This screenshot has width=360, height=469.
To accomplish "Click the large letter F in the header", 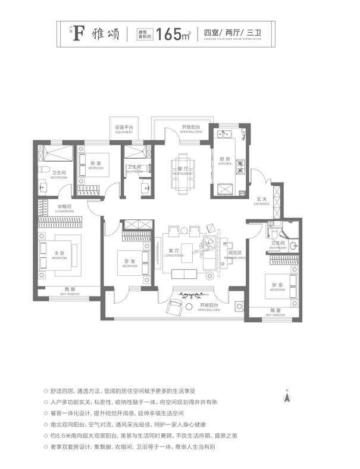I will click(77, 34).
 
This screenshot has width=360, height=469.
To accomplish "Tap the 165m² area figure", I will click(174, 34).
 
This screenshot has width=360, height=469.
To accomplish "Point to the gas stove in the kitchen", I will click(240, 167).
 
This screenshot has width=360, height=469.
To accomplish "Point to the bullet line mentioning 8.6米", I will click(131, 436).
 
